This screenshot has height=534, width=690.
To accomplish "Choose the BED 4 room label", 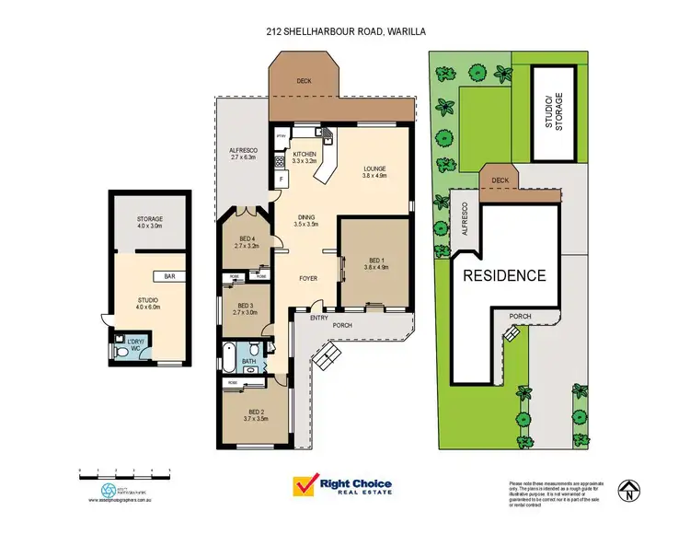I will [244, 244].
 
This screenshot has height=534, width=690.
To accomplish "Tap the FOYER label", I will [308, 277].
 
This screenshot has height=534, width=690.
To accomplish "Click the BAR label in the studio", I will [169, 276].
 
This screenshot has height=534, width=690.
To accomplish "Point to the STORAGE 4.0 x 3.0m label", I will [150, 222].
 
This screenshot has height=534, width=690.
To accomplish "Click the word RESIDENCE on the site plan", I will [503, 275].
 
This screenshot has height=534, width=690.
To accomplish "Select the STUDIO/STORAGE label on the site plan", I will [553, 114].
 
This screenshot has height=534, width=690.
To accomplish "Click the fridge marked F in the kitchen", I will [280, 179].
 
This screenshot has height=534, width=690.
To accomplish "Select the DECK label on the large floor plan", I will [304, 81].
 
